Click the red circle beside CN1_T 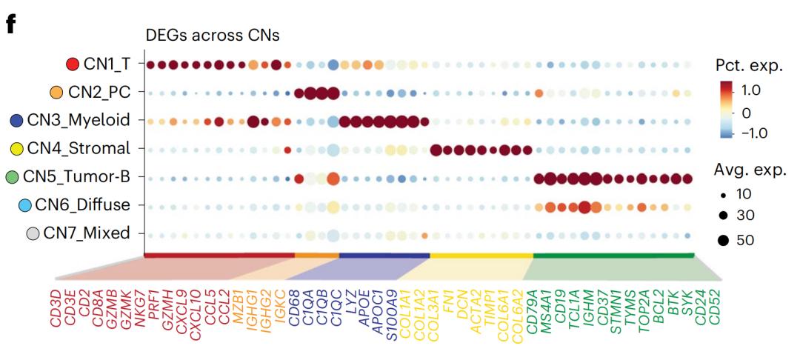pos(72,64)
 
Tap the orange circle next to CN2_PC pos(56,93)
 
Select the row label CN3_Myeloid pos(79,120)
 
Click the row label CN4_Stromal pos(79,148)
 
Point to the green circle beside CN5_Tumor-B pos(11,177)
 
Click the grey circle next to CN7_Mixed pos(32,234)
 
